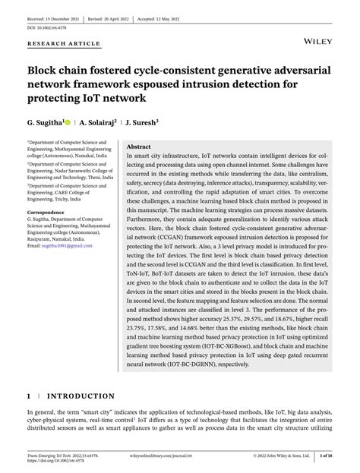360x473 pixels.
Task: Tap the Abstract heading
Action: [x=139, y=146]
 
